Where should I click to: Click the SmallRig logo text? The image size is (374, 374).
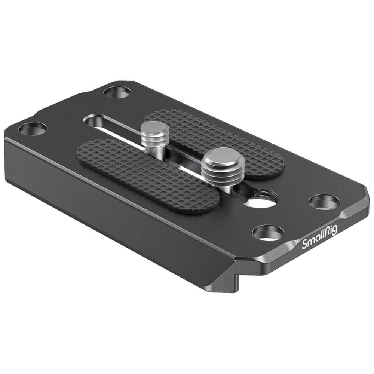click(320, 237)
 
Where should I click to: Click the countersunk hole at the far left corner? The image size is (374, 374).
click(33, 129)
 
